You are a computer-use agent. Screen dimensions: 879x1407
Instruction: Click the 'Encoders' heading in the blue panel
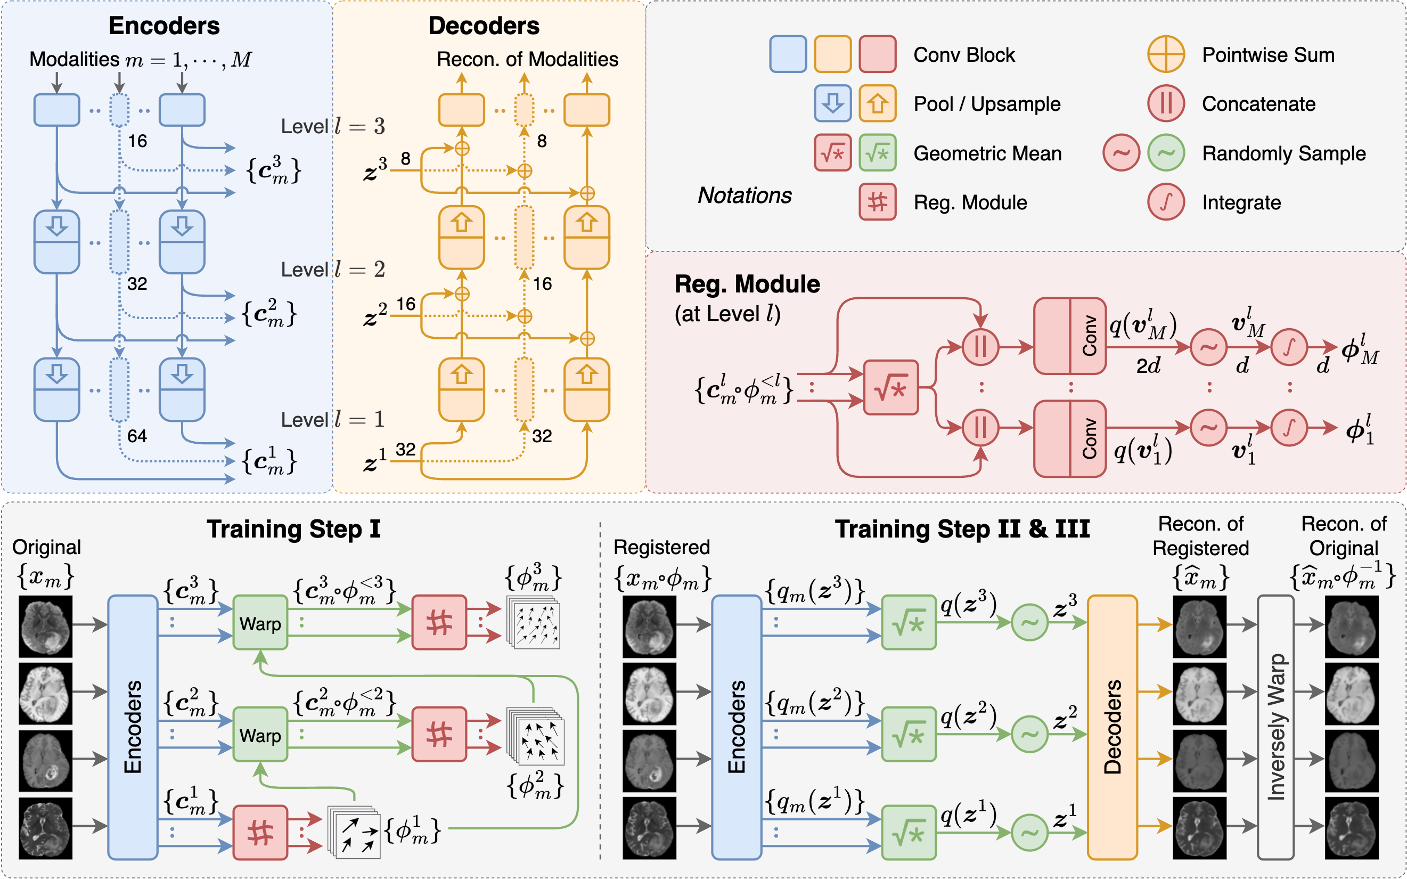(164, 26)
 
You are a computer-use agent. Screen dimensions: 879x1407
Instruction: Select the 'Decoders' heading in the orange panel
(484, 26)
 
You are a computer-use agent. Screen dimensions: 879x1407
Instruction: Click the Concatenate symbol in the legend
(1165, 103)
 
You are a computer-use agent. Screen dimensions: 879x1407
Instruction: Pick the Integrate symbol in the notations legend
(1165, 202)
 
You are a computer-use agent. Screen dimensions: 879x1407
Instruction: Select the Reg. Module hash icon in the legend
(877, 202)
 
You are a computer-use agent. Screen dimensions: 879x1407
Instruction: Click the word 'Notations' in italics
(745, 196)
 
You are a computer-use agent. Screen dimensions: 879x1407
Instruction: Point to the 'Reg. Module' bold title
(747, 284)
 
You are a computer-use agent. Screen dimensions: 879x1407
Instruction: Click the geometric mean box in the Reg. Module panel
(890, 387)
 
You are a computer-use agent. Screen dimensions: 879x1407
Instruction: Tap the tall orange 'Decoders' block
(1112, 727)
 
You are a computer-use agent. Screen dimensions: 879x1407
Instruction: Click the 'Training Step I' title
(293, 529)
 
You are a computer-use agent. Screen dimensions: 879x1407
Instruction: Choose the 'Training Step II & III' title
(962, 529)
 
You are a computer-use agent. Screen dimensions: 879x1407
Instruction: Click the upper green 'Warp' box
(260, 623)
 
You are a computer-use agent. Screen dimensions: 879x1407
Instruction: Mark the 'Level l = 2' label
(332, 270)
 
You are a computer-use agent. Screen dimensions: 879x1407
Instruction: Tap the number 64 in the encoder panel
(137, 436)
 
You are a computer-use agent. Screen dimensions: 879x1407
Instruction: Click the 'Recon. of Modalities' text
(527, 59)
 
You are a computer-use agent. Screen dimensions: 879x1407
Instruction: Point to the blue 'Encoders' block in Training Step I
(133, 727)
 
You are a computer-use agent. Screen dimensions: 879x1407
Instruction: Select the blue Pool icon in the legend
(832, 103)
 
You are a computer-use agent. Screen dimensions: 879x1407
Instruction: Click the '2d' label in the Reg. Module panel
(1148, 365)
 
